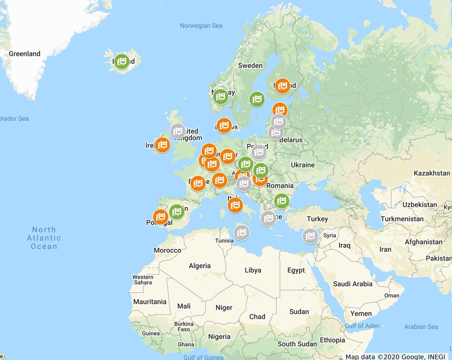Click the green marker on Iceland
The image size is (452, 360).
[x=122, y=61]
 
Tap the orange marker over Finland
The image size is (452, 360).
[x=282, y=86]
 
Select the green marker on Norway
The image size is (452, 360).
[x=220, y=96]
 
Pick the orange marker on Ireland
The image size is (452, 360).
[x=162, y=145]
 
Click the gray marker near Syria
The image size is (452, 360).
[x=310, y=236]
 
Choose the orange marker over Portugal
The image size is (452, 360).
[x=161, y=217]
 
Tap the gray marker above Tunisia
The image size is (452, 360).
[x=241, y=232]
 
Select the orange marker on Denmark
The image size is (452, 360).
[x=224, y=125]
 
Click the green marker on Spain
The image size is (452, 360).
[x=177, y=212]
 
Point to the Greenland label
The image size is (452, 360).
[x=24, y=54]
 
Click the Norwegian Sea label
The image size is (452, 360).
[x=201, y=26]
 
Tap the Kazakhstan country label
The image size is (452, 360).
[x=432, y=173]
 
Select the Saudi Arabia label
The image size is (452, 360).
[x=353, y=284]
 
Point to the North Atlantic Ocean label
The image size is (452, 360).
[x=44, y=238]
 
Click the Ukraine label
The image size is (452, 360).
[x=302, y=165]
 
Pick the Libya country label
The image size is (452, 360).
[x=253, y=270]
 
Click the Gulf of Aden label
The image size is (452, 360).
[x=362, y=326]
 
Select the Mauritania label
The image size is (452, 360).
[x=150, y=302]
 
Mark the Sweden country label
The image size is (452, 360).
[x=250, y=66]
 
